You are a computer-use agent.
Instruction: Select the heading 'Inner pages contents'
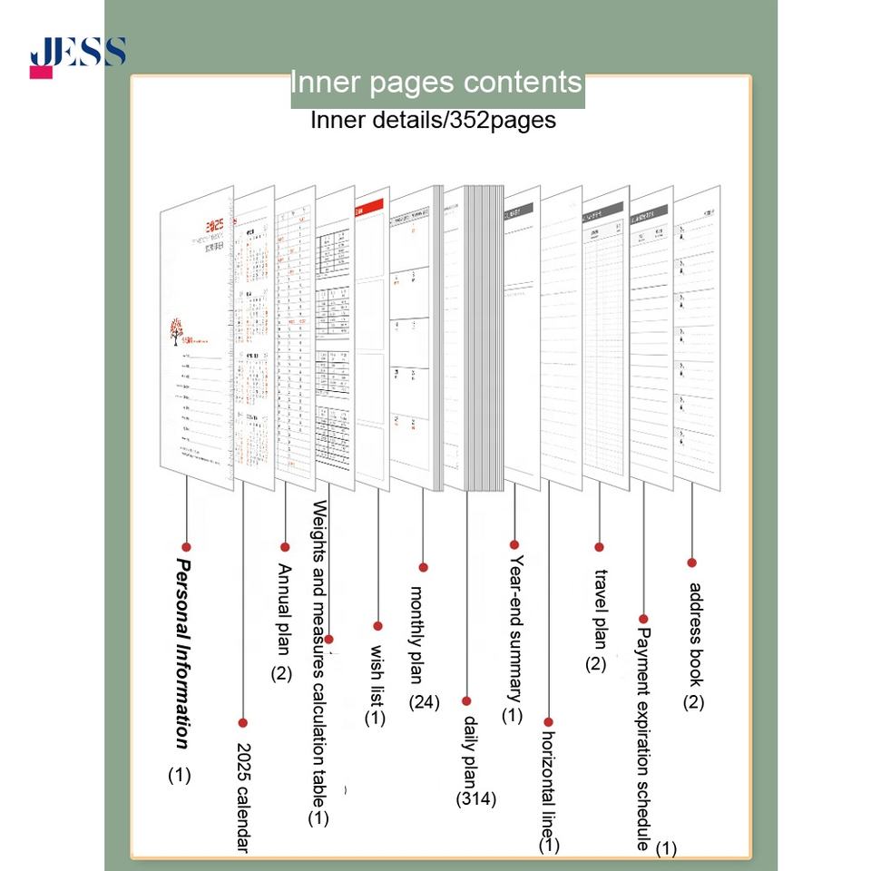(436, 83)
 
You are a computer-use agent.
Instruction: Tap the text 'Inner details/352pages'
(433, 120)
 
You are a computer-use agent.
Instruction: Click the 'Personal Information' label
(182, 653)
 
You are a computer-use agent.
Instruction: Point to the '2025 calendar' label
(242, 798)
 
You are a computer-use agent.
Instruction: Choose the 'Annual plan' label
(283, 608)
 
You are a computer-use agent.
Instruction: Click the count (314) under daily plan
(476, 799)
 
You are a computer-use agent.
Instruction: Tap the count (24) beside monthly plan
(424, 701)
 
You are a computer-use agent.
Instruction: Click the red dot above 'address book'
(691, 563)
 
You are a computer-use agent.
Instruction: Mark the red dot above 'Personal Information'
(186, 546)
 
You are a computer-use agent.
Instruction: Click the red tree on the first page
(174, 332)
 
